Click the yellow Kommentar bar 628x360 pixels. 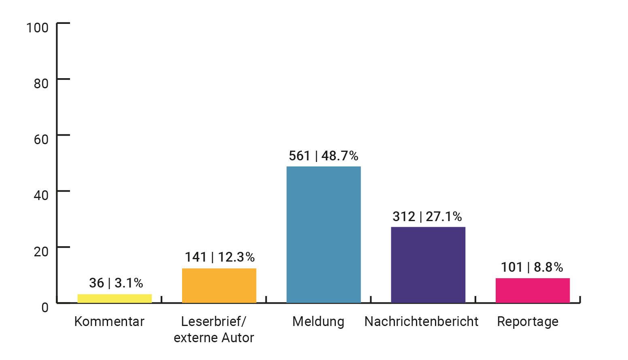(x=115, y=298)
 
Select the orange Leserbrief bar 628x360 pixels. (x=219, y=285)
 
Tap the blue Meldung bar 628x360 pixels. (x=323, y=234)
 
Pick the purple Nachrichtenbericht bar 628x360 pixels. (x=428, y=265)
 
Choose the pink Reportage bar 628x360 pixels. (x=533, y=290)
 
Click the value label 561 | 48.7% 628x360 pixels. (x=323, y=156)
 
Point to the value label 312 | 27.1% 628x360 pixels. (x=427, y=217)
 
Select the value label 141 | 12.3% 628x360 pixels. (x=220, y=257)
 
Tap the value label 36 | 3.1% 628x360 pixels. (x=116, y=283)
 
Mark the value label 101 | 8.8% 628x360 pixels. (x=532, y=267)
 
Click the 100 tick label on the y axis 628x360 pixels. (x=37, y=28)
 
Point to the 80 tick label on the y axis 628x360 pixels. (x=41, y=84)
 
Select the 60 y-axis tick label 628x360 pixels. (x=41, y=140)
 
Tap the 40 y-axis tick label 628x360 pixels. (x=41, y=196)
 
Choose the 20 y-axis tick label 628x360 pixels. (x=41, y=251)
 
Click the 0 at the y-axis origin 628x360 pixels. (x=45, y=307)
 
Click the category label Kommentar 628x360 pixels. (x=109, y=322)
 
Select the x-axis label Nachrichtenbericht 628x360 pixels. (x=421, y=322)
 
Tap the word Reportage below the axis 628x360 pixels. (x=528, y=322)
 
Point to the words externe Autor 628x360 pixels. (x=214, y=338)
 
